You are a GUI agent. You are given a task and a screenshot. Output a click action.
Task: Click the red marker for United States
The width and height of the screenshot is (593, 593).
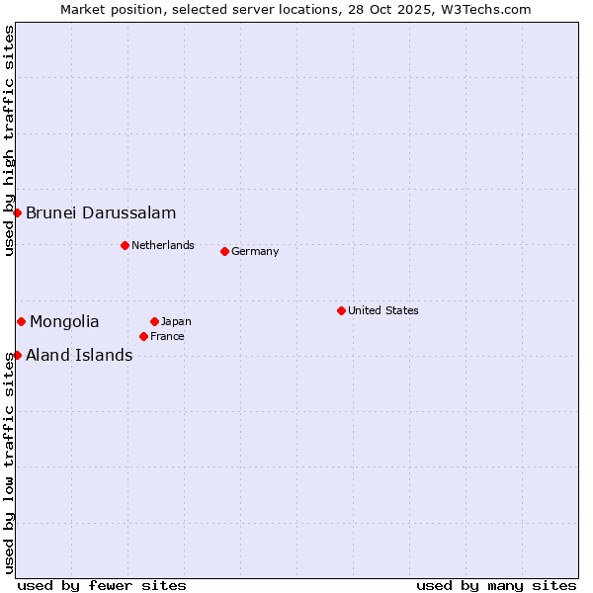[341, 310]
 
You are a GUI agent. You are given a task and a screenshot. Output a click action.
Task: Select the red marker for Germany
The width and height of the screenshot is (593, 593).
[224, 251]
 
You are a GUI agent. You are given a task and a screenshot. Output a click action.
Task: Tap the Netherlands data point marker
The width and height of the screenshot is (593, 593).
[125, 245]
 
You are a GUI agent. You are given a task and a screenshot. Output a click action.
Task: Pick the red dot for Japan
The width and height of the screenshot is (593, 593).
[154, 321]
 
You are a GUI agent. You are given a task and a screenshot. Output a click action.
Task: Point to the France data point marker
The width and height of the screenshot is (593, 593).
[143, 336]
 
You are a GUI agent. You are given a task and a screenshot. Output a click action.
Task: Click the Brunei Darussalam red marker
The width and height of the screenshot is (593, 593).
[17, 212]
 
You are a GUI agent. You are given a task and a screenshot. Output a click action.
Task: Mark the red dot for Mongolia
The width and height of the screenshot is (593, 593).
[21, 321]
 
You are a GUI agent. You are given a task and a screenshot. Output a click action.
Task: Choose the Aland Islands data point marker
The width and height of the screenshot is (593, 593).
[17, 355]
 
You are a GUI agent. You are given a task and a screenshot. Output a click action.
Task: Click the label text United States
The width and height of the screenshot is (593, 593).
[382, 310]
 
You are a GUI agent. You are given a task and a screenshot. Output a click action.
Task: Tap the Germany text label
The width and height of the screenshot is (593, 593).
[255, 251]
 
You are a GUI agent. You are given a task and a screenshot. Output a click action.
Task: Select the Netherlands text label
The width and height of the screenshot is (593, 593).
[162, 245]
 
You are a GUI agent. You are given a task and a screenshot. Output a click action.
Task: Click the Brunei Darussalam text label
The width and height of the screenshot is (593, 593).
[101, 212]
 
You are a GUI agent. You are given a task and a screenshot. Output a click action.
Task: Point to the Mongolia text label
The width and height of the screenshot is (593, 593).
[64, 321]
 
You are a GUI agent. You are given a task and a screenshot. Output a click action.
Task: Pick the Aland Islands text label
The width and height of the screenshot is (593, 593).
[79, 355]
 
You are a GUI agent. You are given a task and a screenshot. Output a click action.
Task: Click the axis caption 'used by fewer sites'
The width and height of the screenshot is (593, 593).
[102, 585]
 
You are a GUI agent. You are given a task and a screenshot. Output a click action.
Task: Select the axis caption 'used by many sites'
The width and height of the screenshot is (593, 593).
[496, 585]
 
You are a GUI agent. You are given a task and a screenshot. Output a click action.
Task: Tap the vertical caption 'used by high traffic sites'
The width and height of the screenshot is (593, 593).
[9, 140]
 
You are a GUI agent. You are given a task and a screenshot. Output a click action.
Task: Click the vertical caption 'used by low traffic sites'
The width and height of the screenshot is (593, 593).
[9, 463]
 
